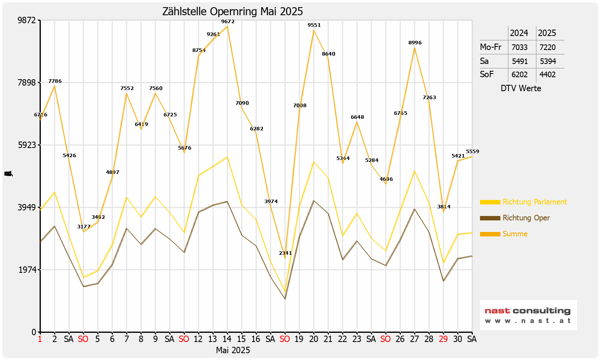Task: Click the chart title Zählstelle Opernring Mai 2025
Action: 232,12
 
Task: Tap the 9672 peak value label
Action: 228,22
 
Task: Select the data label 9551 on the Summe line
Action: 314,25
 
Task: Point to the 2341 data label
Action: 285,253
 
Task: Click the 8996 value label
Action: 415,43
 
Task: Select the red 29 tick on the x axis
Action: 443,339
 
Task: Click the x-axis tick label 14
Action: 227,339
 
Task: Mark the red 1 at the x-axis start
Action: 40,339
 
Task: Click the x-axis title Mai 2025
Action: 233,350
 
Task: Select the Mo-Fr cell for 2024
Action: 520,47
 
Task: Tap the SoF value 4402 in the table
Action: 548,74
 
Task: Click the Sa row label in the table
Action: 484,61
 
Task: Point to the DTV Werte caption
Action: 521,88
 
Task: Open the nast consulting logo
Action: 528,315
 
